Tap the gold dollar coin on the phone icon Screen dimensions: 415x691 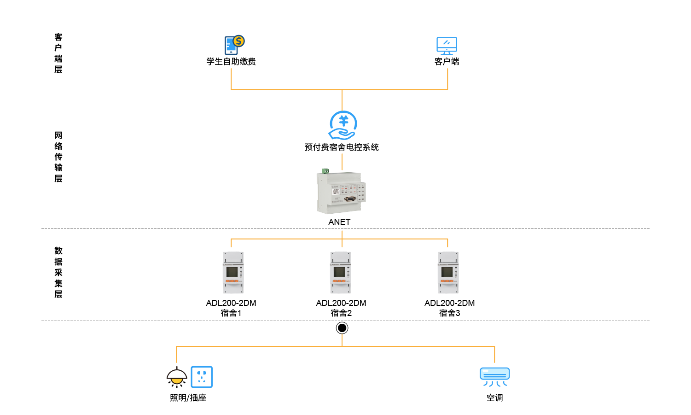(239, 41)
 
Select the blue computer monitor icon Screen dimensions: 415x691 (447, 46)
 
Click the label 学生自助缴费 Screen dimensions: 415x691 (231, 62)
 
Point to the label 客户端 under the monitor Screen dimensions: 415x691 (447, 62)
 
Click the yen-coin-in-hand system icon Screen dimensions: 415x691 (343, 125)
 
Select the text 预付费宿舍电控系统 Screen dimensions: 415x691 (342, 147)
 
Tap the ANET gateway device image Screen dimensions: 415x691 (341, 193)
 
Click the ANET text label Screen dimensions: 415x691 (339, 222)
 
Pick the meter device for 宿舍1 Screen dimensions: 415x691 (233, 273)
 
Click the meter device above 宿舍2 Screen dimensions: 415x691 (341, 273)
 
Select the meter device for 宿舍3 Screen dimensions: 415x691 (448, 273)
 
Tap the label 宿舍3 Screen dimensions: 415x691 (450, 313)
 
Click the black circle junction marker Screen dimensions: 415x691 (342, 328)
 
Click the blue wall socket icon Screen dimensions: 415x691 (202, 377)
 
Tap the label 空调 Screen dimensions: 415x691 (495, 398)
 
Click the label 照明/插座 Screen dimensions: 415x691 (188, 398)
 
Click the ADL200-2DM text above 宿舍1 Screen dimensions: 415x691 (231, 303)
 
